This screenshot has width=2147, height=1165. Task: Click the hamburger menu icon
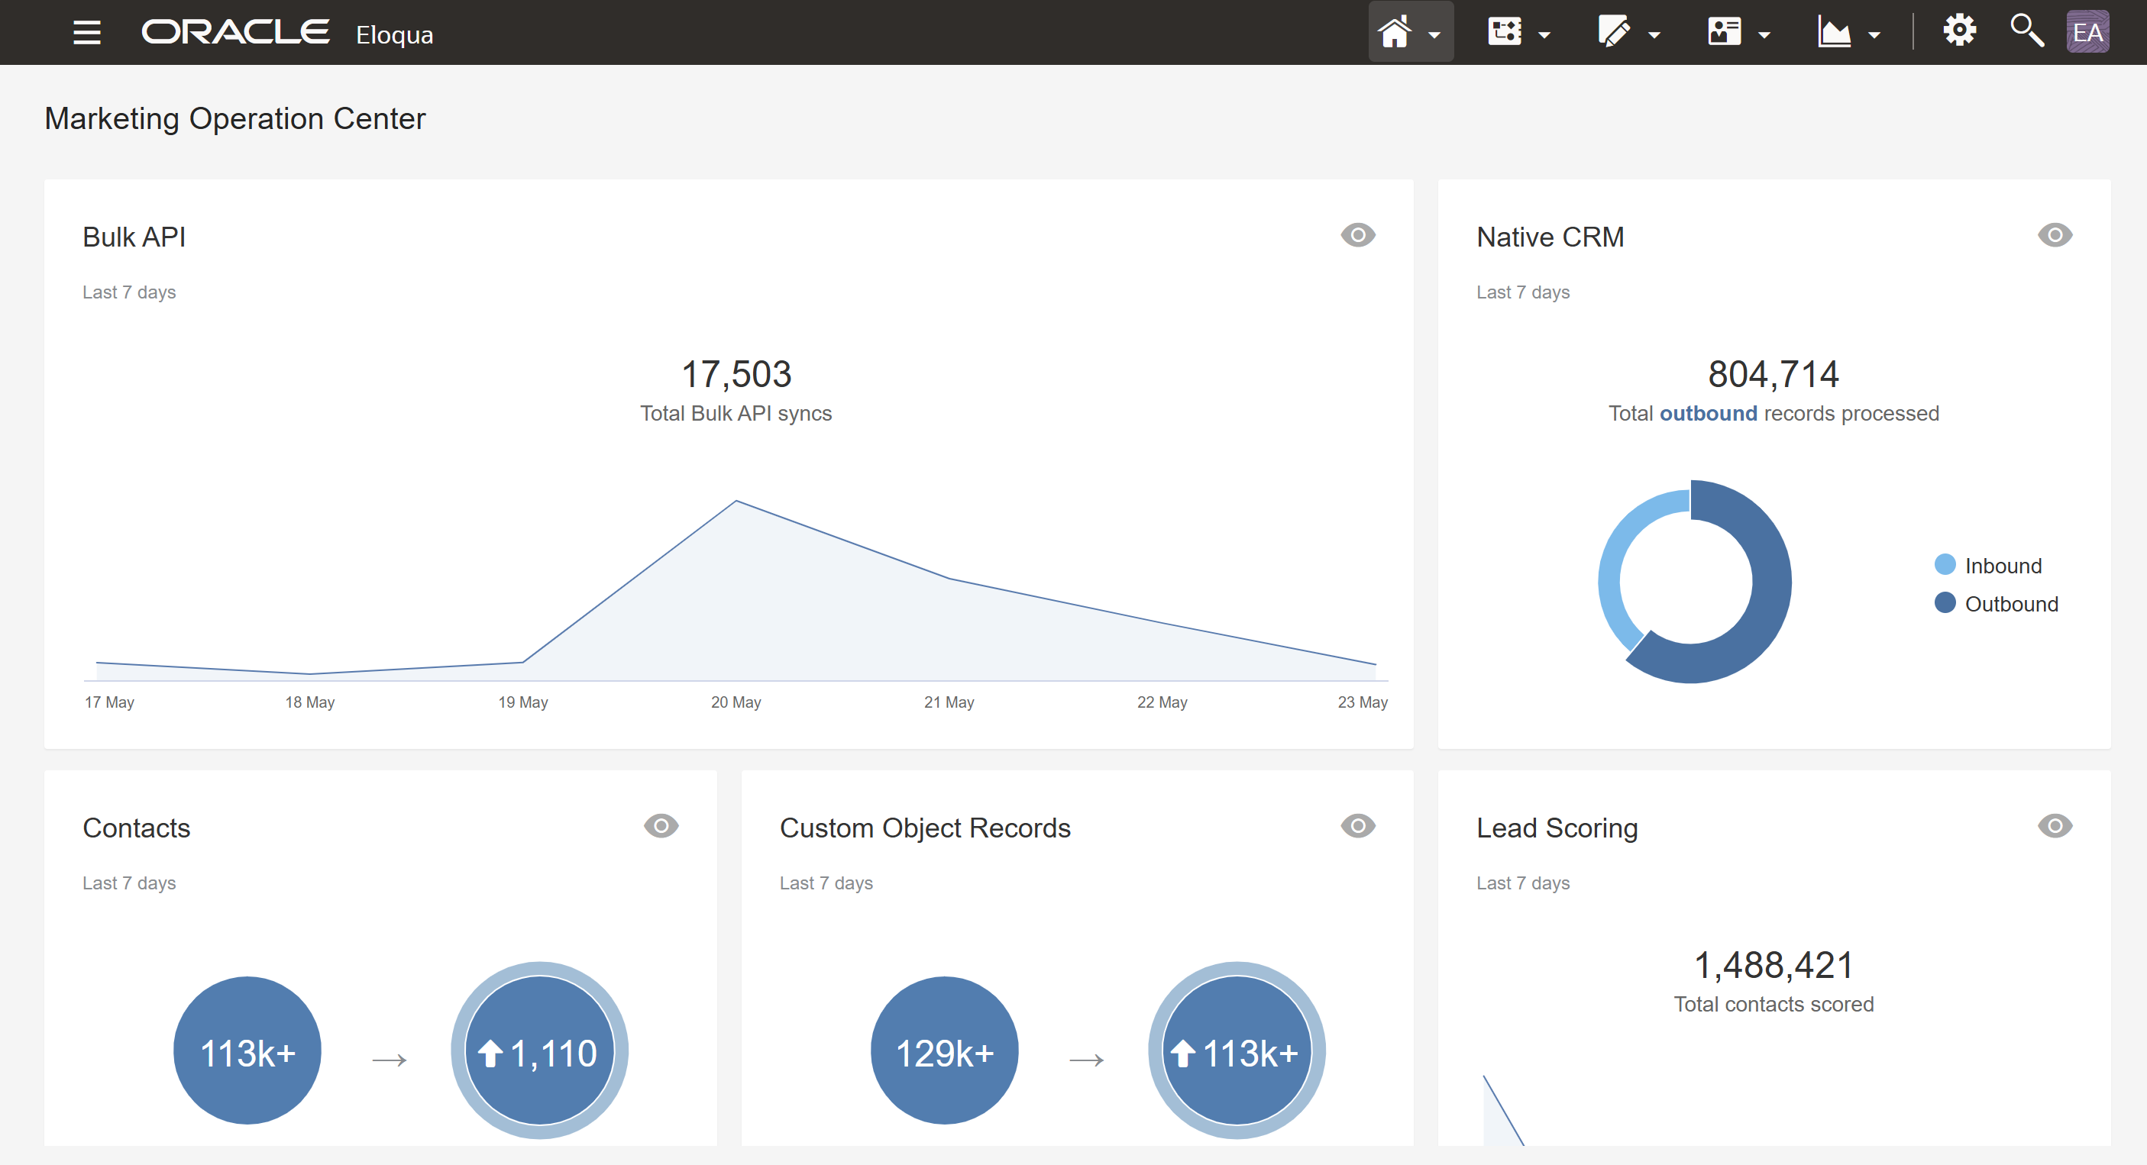pos(86,33)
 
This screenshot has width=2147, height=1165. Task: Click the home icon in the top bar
pos(1395,33)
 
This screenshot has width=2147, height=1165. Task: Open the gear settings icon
pos(1959,31)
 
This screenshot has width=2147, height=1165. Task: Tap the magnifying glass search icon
pos(2026,31)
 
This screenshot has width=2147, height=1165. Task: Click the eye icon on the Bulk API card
pos(1358,235)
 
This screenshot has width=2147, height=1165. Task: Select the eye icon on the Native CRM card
pos(2055,235)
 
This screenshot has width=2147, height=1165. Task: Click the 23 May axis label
pos(1362,702)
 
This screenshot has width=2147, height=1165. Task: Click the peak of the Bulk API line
pos(736,501)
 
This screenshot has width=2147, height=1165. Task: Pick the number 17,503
pos(736,374)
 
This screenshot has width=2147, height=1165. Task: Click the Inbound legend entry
pos(2002,566)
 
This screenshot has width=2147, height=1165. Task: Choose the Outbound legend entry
pos(2010,604)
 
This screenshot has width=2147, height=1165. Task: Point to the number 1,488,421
pos(1773,966)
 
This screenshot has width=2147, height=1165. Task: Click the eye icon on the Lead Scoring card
pos(2055,826)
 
